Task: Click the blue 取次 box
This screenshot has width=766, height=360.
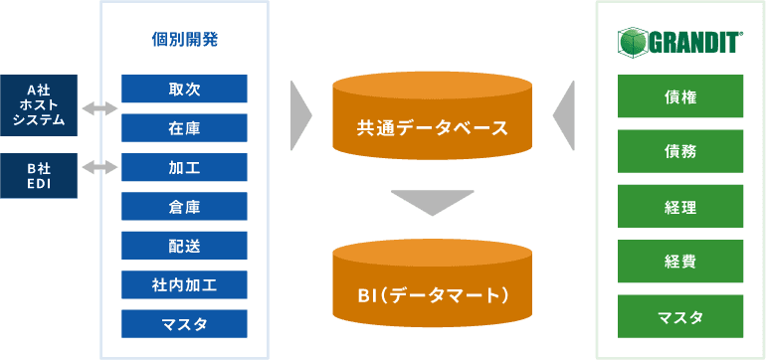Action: tap(184, 89)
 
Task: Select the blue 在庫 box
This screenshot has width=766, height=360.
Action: tap(184, 128)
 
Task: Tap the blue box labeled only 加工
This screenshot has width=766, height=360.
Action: tap(184, 167)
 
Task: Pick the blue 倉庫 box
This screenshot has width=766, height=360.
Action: tap(184, 206)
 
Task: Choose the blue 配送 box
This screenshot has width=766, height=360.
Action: tap(184, 246)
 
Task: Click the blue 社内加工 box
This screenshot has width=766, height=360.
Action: tap(184, 284)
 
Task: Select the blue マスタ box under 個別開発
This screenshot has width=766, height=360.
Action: tap(184, 324)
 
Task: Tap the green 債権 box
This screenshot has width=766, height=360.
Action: tap(680, 96)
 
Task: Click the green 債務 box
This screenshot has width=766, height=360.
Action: tap(680, 151)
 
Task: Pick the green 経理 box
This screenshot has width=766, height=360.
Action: tap(680, 206)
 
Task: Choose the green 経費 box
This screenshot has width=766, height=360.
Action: tap(680, 262)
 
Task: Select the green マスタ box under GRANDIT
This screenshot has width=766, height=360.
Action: tap(680, 316)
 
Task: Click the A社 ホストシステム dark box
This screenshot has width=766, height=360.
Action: tap(39, 105)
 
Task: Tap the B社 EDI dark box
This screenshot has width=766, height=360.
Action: tap(39, 176)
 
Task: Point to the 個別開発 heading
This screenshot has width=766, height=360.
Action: tap(184, 40)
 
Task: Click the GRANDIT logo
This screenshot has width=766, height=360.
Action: tap(680, 42)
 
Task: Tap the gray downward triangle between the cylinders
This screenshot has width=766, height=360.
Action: tap(433, 199)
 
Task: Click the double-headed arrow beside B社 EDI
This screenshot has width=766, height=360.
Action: tap(99, 168)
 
